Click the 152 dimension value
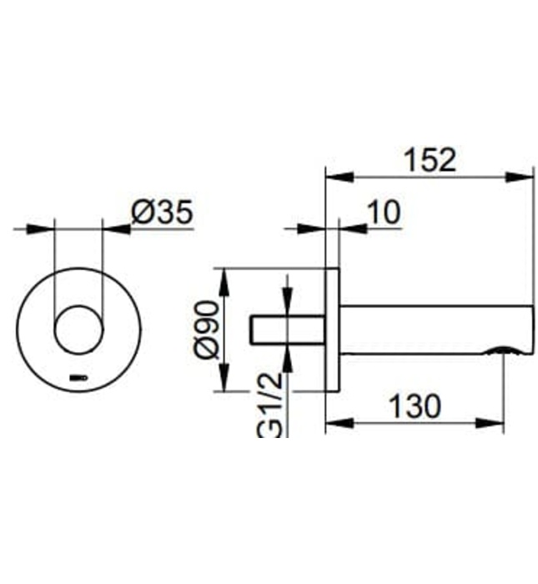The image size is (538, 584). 430,159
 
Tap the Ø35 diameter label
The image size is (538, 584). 163,214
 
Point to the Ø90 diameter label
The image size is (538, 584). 209,330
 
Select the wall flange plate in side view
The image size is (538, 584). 332,330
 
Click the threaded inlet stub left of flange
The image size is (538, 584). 288,330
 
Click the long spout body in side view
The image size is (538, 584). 434,330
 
